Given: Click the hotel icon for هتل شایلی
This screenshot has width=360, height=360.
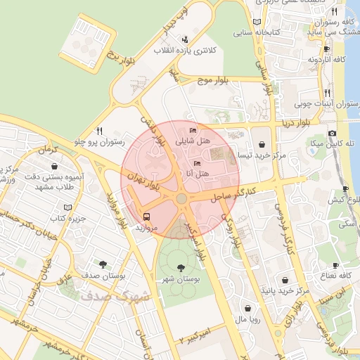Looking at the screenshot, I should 193,131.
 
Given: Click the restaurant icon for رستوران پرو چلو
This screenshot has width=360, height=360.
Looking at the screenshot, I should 100,131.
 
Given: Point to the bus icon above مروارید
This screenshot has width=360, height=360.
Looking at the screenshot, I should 147,217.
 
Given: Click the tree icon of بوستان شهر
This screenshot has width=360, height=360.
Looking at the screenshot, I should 182,268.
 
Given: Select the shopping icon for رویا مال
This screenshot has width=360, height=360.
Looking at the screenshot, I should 247,307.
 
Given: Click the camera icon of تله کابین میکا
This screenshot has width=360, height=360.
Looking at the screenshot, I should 332,133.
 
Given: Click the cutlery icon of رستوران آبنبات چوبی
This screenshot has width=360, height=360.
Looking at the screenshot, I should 328,93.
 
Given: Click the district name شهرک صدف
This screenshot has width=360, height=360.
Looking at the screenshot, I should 117,296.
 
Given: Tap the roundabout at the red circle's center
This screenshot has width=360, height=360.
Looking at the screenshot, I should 181,200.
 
